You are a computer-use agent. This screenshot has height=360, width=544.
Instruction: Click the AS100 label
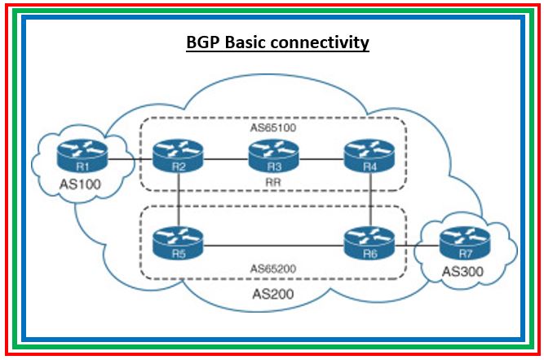(x=80, y=184)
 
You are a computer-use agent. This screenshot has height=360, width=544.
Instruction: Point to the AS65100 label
(x=272, y=129)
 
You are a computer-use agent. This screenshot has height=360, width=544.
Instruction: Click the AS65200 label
(x=272, y=268)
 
